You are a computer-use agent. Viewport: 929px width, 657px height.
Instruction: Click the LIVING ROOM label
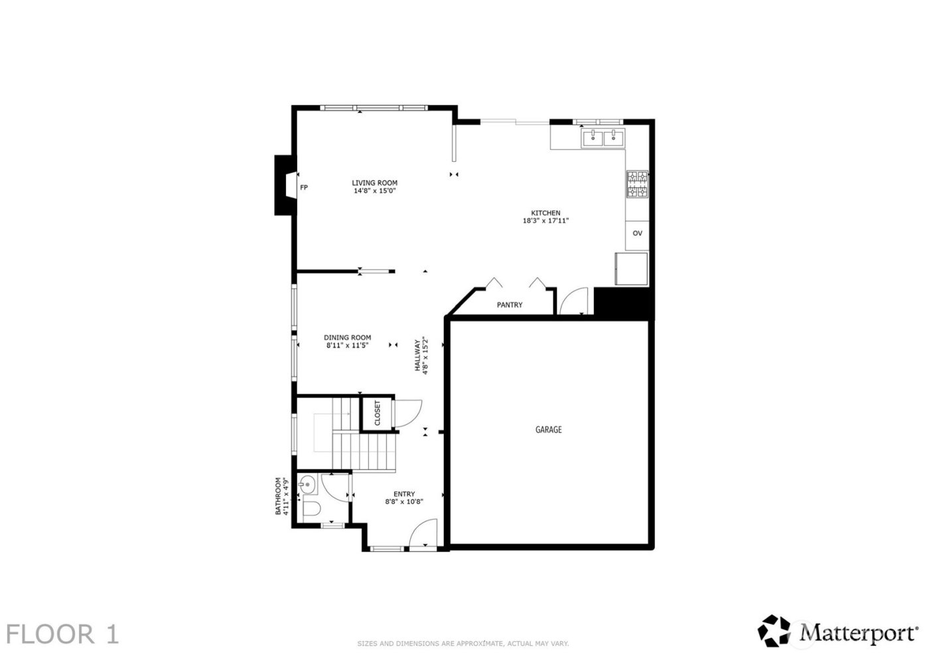(374, 183)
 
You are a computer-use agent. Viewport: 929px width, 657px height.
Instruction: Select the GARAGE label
(548, 429)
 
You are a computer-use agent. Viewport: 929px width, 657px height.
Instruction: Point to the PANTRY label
(510, 305)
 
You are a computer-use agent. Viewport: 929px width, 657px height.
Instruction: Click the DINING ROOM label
(347, 337)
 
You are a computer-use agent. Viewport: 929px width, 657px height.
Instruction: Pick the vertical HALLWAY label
(418, 356)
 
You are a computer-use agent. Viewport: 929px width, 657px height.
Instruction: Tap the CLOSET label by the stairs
(377, 413)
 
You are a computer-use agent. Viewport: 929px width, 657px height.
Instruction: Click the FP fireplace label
(304, 188)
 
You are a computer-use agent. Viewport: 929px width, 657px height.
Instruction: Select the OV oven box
(637, 234)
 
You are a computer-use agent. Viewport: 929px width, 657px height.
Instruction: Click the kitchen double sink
(603, 139)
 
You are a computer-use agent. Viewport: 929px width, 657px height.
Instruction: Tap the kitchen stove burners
(637, 184)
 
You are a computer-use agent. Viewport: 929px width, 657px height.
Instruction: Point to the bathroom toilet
(311, 510)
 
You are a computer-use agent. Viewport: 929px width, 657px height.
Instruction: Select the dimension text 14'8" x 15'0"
(374, 191)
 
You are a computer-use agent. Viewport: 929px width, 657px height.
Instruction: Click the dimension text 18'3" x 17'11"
(545, 221)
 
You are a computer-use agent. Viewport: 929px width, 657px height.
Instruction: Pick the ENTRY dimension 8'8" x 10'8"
(404, 502)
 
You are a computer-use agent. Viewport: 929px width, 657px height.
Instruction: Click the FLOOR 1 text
(63, 634)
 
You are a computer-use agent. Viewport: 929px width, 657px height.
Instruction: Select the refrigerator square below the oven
(631, 269)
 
